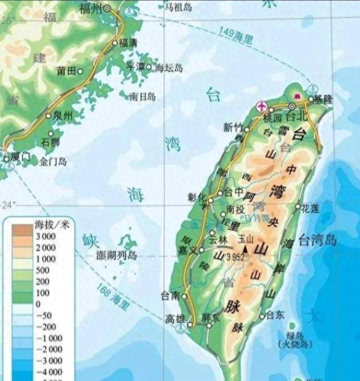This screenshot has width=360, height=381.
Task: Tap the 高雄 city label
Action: pyautogui.click(x=175, y=318)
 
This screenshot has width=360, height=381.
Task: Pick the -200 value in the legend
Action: pyautogui.click(x=49, y=326)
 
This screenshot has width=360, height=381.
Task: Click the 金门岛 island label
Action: pyautogui.click(x=53, y=162)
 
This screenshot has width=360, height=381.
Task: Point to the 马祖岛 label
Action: pyautogui.click(x=178, y=7)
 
